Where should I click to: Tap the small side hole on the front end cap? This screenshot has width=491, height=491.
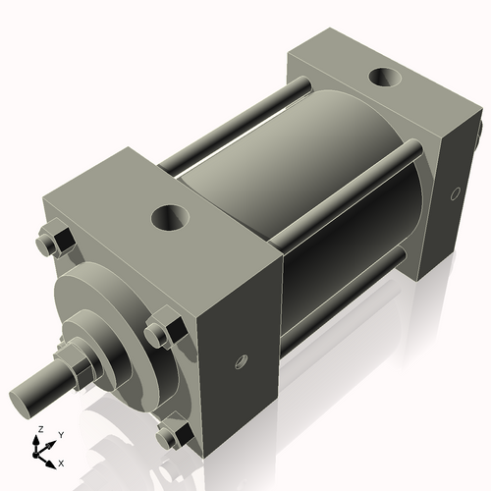click(240, 364)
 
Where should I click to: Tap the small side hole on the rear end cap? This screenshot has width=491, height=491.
click(454, 193)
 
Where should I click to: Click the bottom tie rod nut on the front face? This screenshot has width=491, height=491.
click(176, 434)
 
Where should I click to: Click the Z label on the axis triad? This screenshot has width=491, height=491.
click(38, 430)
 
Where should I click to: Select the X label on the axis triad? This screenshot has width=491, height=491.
click(61, 461)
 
